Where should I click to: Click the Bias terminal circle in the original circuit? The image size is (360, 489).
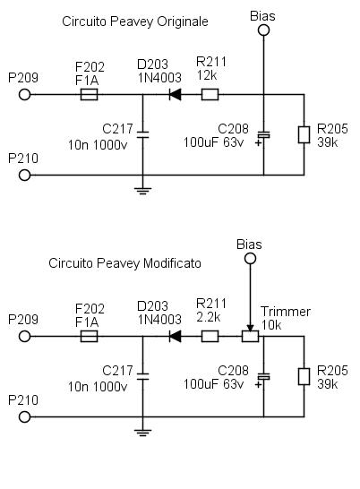point(263,30)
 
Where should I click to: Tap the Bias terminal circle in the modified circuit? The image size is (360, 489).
point(250,259)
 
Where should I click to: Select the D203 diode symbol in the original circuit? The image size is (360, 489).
point(175,94)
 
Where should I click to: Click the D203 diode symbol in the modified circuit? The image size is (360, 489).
point(175,336)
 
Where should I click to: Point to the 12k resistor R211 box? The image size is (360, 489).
point(210,94)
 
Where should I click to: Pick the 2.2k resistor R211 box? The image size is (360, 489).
point(210,336)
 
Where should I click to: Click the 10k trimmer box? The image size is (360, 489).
point(250,336)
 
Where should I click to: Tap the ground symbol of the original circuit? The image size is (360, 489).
point(143,191)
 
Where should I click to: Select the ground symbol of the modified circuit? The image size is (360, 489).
point(143,433)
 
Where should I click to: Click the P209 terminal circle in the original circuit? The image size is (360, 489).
point(25,94)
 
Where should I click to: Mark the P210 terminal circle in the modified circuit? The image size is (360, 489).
point(25,417)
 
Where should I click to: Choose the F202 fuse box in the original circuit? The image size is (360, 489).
point(89,94)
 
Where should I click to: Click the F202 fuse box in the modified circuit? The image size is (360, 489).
point(89,336)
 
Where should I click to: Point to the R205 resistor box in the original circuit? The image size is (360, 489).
point(304,134)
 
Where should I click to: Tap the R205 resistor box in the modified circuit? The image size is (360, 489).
point(304,376)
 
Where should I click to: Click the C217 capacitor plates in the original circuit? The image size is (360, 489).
point(143,134)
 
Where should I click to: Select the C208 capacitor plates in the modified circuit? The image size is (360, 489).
point(263,376)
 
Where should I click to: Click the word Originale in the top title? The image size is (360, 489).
point(183,21)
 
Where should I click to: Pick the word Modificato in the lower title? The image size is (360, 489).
point(172,263)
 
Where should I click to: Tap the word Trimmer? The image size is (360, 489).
point(286,312)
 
